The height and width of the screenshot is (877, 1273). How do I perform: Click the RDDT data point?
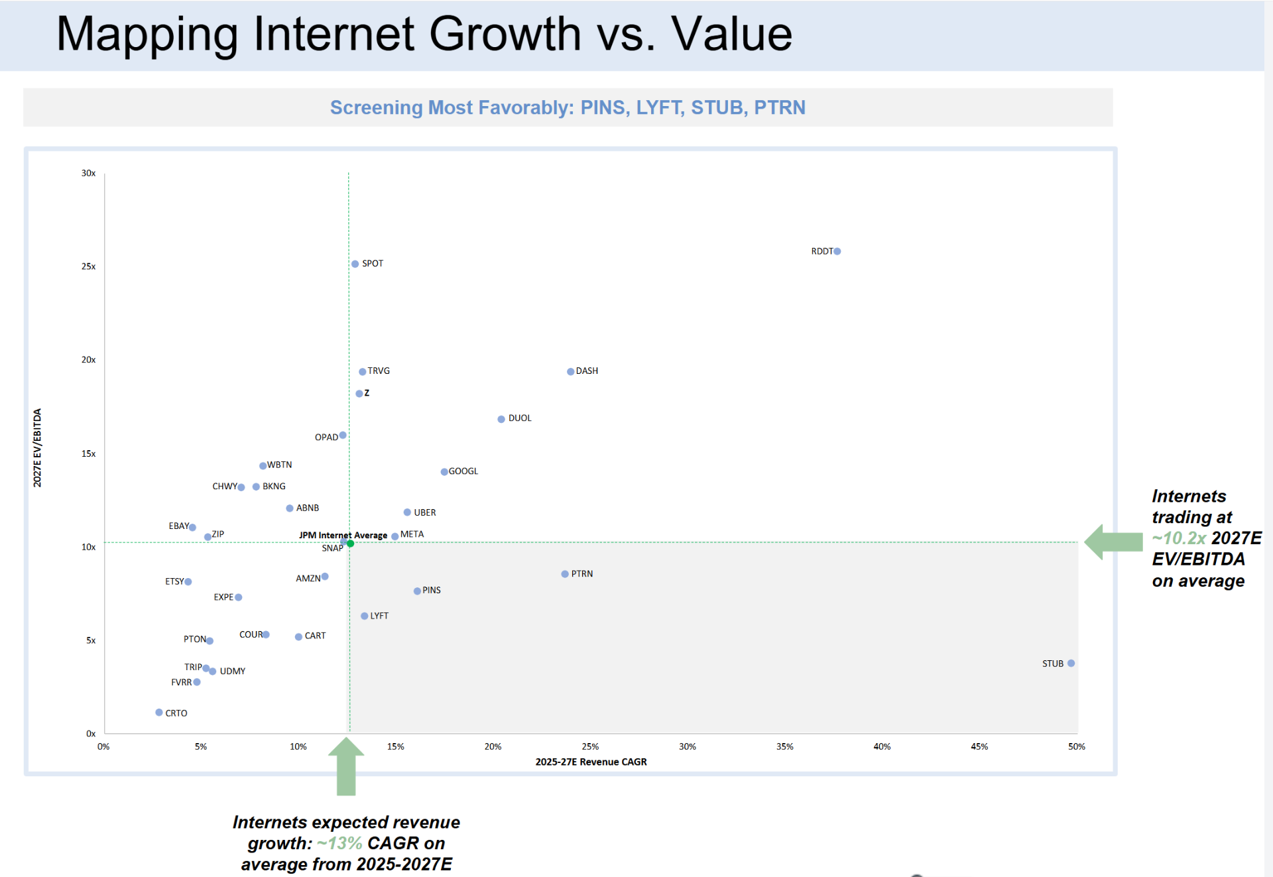(837, 251)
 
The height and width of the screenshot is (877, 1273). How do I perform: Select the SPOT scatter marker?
(355, 264)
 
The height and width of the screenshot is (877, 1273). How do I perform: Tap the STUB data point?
(1071, 664)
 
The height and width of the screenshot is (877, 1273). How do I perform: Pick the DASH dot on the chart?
(571, 372)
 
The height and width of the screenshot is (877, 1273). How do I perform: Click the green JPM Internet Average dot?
(351, 544)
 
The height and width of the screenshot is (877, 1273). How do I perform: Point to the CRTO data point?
(159, 713)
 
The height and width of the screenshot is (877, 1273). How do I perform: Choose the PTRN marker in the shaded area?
(565, 574)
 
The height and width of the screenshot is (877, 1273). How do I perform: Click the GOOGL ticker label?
(463, 471)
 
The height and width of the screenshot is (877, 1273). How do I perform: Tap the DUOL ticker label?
(520, 418)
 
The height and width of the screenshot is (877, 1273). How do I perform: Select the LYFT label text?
(379, 616)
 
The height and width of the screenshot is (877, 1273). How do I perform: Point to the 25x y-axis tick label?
(88, 266)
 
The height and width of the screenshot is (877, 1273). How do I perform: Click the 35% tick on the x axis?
(785, 746)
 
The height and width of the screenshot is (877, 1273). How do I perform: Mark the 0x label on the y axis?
(91, 734)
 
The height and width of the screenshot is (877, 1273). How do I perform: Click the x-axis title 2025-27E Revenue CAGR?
(591, 762)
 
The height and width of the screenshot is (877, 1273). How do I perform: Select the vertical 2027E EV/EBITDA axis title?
(37, 448)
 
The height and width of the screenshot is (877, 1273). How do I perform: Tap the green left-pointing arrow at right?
(1113, 542)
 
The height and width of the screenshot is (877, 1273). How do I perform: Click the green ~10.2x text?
(1179, 538)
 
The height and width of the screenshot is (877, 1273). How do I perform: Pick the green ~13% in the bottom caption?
(339, 843)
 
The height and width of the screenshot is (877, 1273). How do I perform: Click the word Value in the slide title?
(732, 34)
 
